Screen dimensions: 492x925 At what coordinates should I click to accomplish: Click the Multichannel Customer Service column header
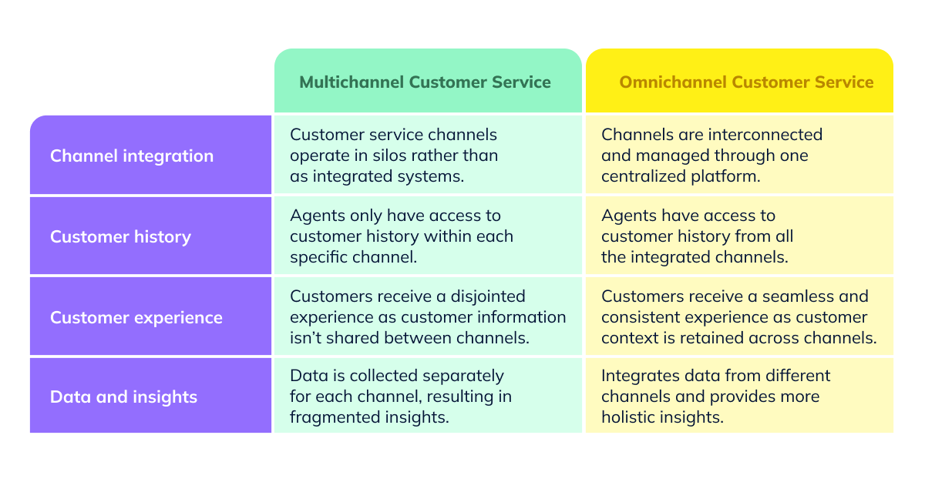pos(425,82)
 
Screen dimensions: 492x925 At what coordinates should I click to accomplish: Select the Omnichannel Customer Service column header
pos(746,82)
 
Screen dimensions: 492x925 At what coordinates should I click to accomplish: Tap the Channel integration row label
pos(132,156)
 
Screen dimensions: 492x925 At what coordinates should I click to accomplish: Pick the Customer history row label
pos(120,236)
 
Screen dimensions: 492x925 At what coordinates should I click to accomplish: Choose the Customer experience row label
pos(136,317)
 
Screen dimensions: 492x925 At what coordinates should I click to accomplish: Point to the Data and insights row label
pos(124,397)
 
